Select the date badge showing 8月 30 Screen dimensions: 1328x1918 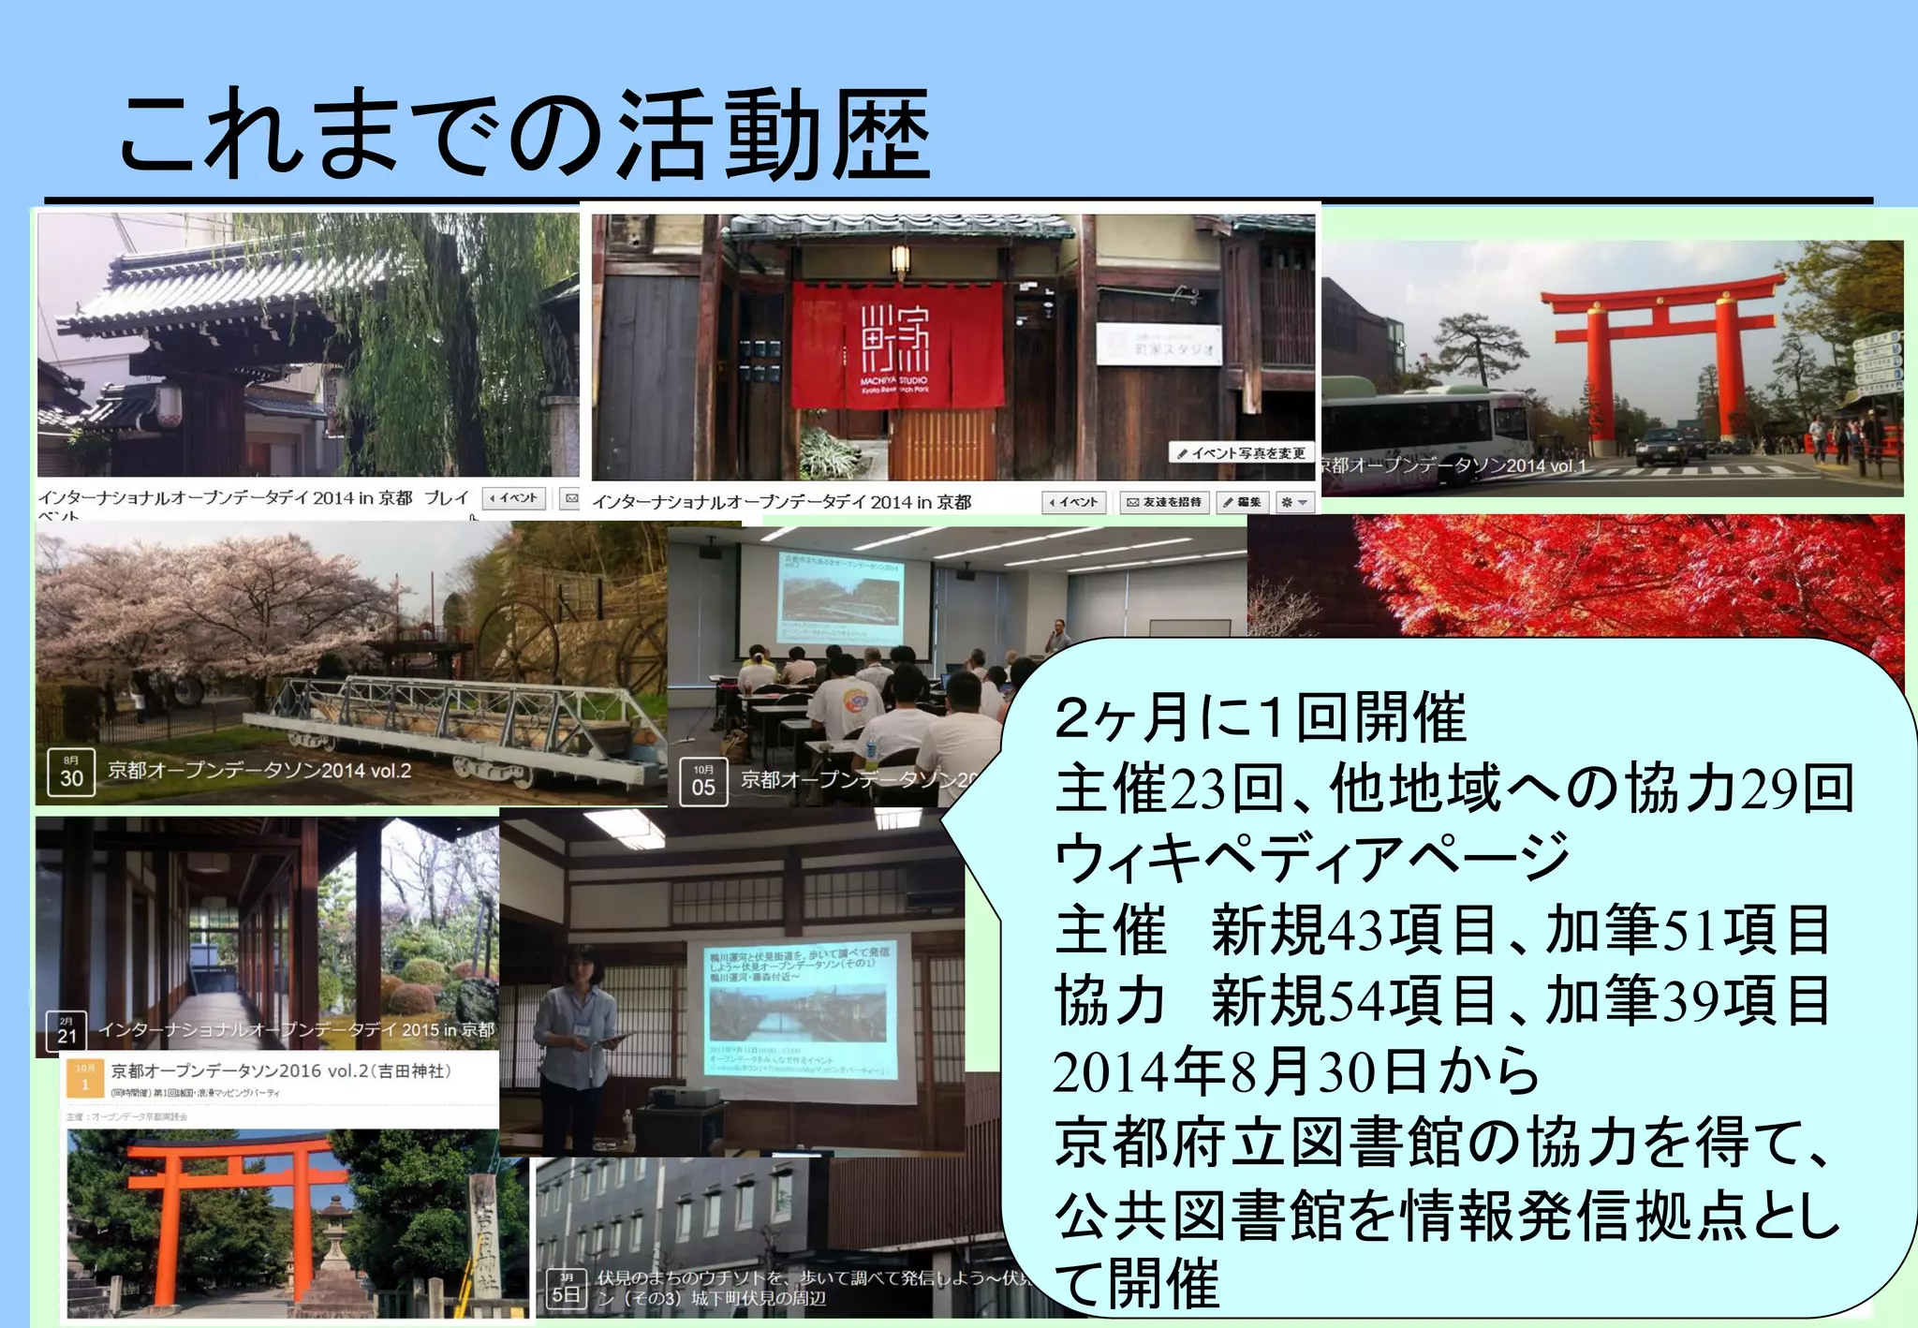coord(71,772)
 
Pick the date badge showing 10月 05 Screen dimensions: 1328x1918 coord(703,781)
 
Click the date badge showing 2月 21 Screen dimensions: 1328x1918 coord(66,1030)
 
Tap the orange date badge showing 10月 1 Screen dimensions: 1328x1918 coord(85,1078)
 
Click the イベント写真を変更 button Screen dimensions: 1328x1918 coord(1242,453)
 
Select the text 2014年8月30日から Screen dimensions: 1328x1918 coord(1296,1072)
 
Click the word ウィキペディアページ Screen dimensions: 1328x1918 coord(1311,858)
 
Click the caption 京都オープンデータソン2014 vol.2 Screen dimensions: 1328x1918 coord(259,771)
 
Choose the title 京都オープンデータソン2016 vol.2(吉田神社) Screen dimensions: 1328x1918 coord(281,1070)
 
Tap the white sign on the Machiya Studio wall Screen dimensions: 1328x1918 coord(1158,345)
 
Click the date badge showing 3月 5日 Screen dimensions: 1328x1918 coord(566,1289)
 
